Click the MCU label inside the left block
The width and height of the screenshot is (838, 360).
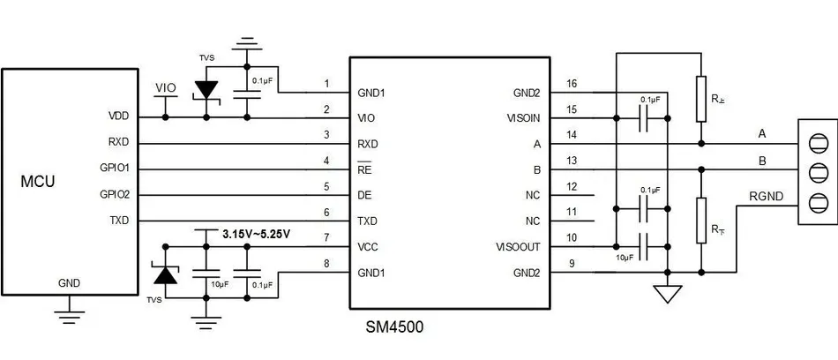pyautogui.click(x=38, y=182)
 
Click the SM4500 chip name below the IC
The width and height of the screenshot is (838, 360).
pyautogui.click(x=394, y=326)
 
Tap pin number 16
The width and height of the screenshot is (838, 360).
pyautogui.click(x=572, y=84)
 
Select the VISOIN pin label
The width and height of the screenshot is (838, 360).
pyautogui.click(x=528, y=117)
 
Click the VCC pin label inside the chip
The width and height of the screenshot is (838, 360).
pyautogui.click(x=370, y=247)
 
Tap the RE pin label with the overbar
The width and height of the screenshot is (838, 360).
pyautogui.click(x=365, y=169)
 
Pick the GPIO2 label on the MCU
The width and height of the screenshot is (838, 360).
pyautogui.click(x=115, y=195)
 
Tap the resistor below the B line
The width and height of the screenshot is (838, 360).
pyautogui.click(x=701, y=219)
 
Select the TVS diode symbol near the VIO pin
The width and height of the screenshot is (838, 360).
pyautogui.click(x=206, y=90)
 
